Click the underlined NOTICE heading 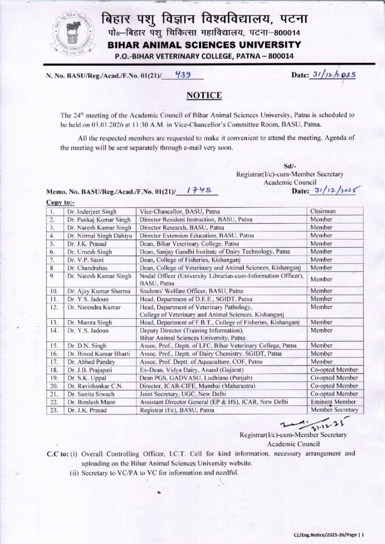click(204, 96)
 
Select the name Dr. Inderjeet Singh click(91, 211)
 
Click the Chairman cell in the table click(324, 211)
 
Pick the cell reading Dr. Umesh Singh click(89, 251)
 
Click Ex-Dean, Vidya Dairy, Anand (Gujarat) click(191, 369)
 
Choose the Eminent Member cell click(333, 402)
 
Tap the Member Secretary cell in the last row click(334, 410)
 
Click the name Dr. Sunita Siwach click(91, 394)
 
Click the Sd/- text click(290, 166)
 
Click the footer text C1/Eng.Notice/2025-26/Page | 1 click(329, 533)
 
